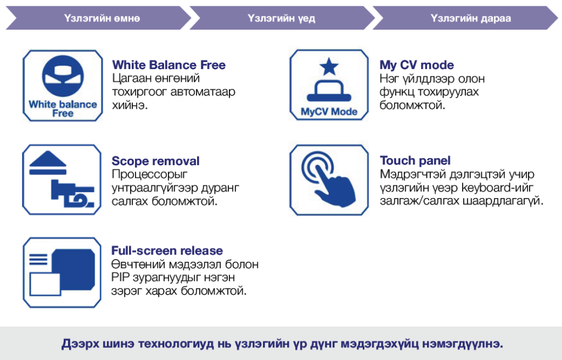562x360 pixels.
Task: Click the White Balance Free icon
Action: (63, 85)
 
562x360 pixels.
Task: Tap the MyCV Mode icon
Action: (329, 85)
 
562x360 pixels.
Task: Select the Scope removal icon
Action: (63, 180)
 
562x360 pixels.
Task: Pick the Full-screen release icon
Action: (63, 273)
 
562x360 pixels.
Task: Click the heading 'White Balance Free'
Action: (168, 65)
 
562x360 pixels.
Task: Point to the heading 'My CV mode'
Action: (417, 65)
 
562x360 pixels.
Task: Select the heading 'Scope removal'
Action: (155, 161)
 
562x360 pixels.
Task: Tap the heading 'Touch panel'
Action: (415, 160)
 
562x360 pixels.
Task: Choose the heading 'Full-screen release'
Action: (167, 251)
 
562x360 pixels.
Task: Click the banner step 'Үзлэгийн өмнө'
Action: (102, 18)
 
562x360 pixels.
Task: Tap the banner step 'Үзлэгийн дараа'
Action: (471, 18)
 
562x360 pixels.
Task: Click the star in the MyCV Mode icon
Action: (329, 67)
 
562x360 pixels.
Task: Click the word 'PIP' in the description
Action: (121, 277)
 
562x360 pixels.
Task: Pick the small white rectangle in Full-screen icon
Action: (46, 284)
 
